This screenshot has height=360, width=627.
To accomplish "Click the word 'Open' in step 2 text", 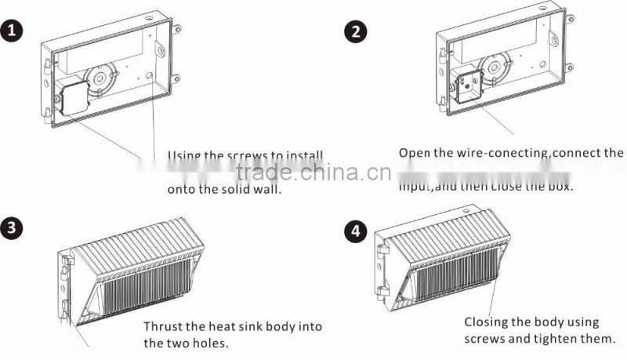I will click(x=415, y=152).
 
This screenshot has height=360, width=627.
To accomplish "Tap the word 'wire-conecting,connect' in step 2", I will click(x=516, y=152).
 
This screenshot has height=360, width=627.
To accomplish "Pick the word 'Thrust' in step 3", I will click(x=162, y=325).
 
